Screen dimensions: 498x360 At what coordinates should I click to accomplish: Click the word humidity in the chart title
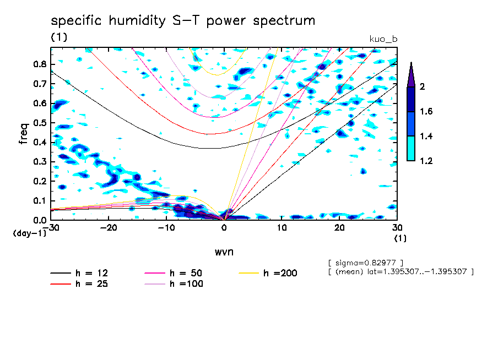[137, 21]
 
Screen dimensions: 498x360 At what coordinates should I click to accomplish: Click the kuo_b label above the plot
[383, 39]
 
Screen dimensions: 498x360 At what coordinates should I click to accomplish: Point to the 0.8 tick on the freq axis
[40, 64]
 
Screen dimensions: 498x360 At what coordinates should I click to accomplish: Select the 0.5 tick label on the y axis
[40, 123]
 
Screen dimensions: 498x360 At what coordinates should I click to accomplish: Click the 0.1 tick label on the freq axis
[40, 201]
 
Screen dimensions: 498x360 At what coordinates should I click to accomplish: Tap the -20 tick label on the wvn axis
[109, 228]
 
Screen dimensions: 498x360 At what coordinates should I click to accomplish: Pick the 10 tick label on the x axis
[282, 228]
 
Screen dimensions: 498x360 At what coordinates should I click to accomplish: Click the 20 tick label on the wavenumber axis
[339, 228]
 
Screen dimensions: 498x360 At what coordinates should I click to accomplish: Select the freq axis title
[24, 134]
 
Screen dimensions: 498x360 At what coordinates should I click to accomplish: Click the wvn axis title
[224, 252]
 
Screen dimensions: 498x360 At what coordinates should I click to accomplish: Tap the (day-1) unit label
[29, 233]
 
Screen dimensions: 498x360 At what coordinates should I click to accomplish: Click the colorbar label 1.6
[426, 111]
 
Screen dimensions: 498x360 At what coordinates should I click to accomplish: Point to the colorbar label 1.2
[426, 161]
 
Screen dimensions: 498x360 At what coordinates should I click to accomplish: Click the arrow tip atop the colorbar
[412, 62]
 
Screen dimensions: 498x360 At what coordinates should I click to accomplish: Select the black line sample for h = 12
[61, 273]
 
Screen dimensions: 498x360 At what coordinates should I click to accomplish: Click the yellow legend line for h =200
[248, 273]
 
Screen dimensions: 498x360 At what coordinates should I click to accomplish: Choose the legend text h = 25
[91, 284]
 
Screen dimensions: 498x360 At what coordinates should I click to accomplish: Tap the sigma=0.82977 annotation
[366, 263]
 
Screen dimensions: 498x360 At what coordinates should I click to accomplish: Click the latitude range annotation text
[401, 272]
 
